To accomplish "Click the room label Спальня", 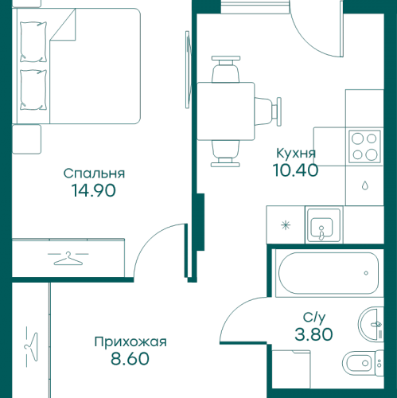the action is coord(94,174).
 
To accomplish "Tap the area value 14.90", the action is coord(94,190).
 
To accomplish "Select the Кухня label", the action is coord(296,154).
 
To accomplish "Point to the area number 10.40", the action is coord(295,170).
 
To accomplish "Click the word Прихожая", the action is coord(130,341).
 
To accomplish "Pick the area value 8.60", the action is coord(130,359).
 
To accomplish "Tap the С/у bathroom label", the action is coord(314,318).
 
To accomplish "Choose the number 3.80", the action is coord(313,334).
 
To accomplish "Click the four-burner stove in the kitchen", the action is coord(364,146).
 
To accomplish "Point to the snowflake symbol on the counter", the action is coord(286,225).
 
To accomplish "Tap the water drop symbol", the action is coord(365,185).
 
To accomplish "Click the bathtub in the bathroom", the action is coord(329,273).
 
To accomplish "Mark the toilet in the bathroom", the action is coord(363,363).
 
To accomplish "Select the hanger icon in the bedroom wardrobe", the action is coord(68,259).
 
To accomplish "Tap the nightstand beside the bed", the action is coord(27,139).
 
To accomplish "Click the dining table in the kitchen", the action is coord(226,111).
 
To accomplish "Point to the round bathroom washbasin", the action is coord(371,324).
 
